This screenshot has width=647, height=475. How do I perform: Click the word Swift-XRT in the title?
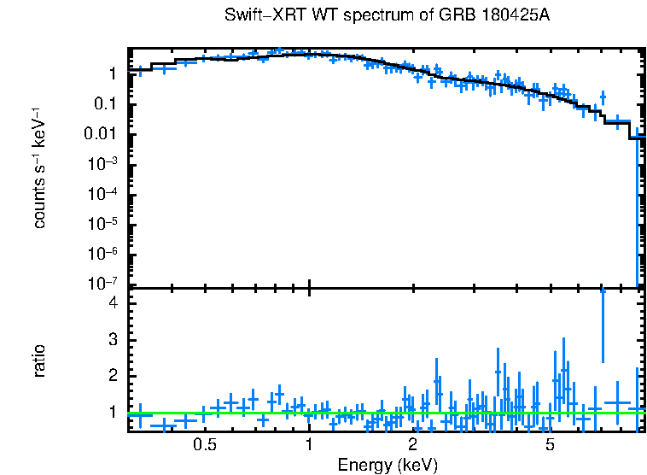pyautogui.click(x=259, y=16)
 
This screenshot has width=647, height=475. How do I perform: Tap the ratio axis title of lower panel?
pyautogui.click(x=39, y=361)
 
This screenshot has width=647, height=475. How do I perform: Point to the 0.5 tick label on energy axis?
pyautogui.click(x=204, y=445)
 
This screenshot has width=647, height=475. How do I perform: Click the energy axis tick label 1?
pyautogui.click(x=308, y=445)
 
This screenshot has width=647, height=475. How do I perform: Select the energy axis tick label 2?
pyautogui.click(x=412, y=445)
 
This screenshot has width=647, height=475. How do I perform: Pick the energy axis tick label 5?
pyautogui.click(x=550, y=445)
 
